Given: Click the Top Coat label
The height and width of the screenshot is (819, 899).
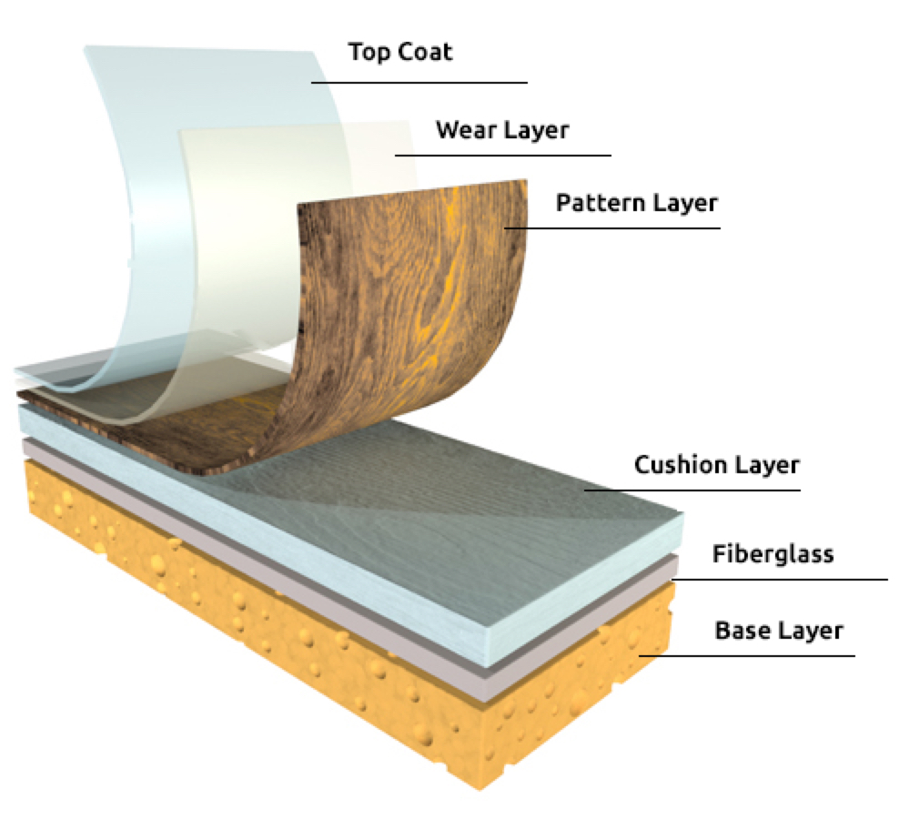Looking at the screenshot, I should [400, 52].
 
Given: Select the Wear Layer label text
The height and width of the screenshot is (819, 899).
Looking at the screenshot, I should [501, 130].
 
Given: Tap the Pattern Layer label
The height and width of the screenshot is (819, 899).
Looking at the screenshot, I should [637, 202].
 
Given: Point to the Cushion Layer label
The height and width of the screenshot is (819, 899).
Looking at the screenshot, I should [716, 466].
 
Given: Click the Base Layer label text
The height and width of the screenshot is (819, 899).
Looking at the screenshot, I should [779, 630].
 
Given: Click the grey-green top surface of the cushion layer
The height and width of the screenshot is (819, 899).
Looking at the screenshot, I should [510, 510].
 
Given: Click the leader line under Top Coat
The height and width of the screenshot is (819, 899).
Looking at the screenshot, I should [419, 83].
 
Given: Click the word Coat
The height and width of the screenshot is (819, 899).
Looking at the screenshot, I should [427, 52].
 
